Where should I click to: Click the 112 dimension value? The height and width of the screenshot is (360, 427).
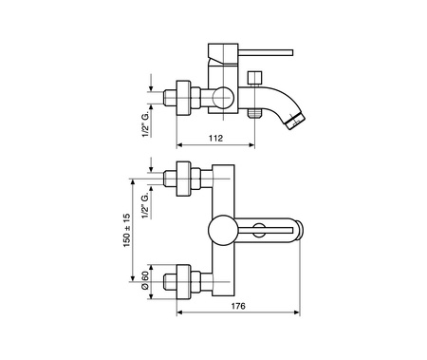(x=215, y=138)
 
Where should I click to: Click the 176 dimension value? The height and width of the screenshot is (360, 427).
(x=238, y=306)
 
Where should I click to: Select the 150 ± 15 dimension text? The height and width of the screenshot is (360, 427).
(x=127, y=230)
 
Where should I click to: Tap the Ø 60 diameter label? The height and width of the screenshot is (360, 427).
(x=145, y=280)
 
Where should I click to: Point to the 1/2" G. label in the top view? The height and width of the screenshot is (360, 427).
(x=145, y=124)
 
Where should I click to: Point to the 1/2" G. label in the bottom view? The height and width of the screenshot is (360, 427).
(x=145, y=205)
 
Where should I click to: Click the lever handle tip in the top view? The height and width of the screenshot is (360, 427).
(x=291, y=52)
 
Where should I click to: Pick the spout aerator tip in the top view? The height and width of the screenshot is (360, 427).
(x=295, y=122)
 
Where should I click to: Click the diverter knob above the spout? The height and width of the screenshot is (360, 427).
(x=254, y=78)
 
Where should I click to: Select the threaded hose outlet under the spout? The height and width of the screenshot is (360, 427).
(x=254, y=113)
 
